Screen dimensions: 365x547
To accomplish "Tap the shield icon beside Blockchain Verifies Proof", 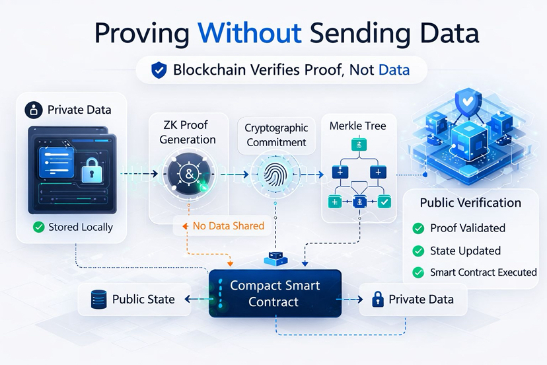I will click(159, 70).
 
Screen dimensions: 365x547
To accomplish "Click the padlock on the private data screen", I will click(91, 173).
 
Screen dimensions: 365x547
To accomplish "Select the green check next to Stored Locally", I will click(38, 227).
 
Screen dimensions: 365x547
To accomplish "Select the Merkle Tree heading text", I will click(357, 125).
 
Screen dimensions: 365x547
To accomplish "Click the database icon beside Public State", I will click(98, 300).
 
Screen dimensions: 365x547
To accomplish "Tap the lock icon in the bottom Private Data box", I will click(378, 300).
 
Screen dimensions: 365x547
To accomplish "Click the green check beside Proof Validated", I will click(418, 228).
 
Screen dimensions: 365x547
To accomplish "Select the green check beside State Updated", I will click(418, 251).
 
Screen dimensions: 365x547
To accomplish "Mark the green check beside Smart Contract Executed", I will click(418, 272).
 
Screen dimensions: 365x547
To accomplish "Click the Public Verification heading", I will click(470, 203).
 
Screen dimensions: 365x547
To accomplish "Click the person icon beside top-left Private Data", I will click(34, 109).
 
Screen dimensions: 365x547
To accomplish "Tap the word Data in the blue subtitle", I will click(394, 69).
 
